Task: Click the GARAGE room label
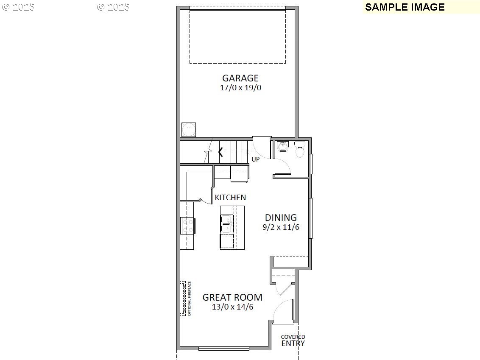(x=240, y=78)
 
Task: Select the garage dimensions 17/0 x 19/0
(x=240, y=88)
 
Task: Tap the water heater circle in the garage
(x=189, y=129)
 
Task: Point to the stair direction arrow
(x=220, y=151)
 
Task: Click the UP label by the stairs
(x=256, y=159)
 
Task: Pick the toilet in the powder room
(x=300, y=150)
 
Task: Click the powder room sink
(x=283, y=147)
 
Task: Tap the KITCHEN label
(x=230, y=198)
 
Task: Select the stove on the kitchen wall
(x=187, y=225)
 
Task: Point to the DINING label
(x=281, y=218)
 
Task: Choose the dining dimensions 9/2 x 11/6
(x=281, y=227)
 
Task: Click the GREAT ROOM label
(x=232, y=298)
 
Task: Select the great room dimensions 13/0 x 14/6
(x=232, y=307)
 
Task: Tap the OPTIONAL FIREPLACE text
(x=190, y=299)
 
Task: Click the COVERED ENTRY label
(x=293, y=341)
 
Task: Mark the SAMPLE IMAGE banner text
(x=405, y=7)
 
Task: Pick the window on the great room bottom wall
(x=223, y=349)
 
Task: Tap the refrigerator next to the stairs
(x=240, y=173)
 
